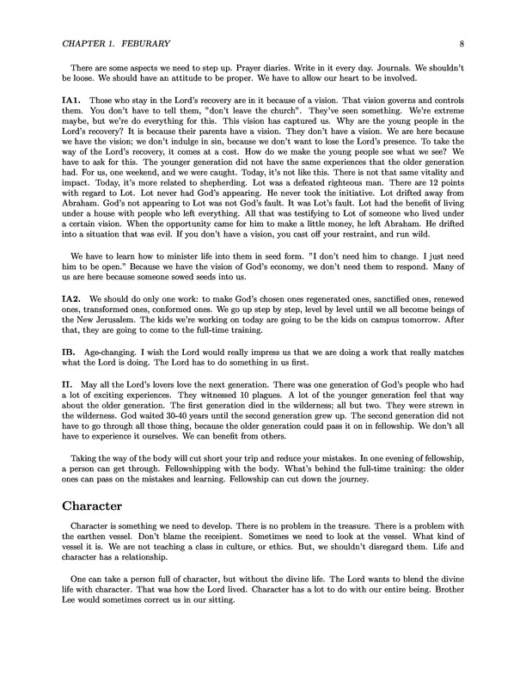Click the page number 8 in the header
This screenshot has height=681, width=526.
tap(462, 44)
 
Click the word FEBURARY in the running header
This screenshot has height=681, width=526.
tap(133, 44)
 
